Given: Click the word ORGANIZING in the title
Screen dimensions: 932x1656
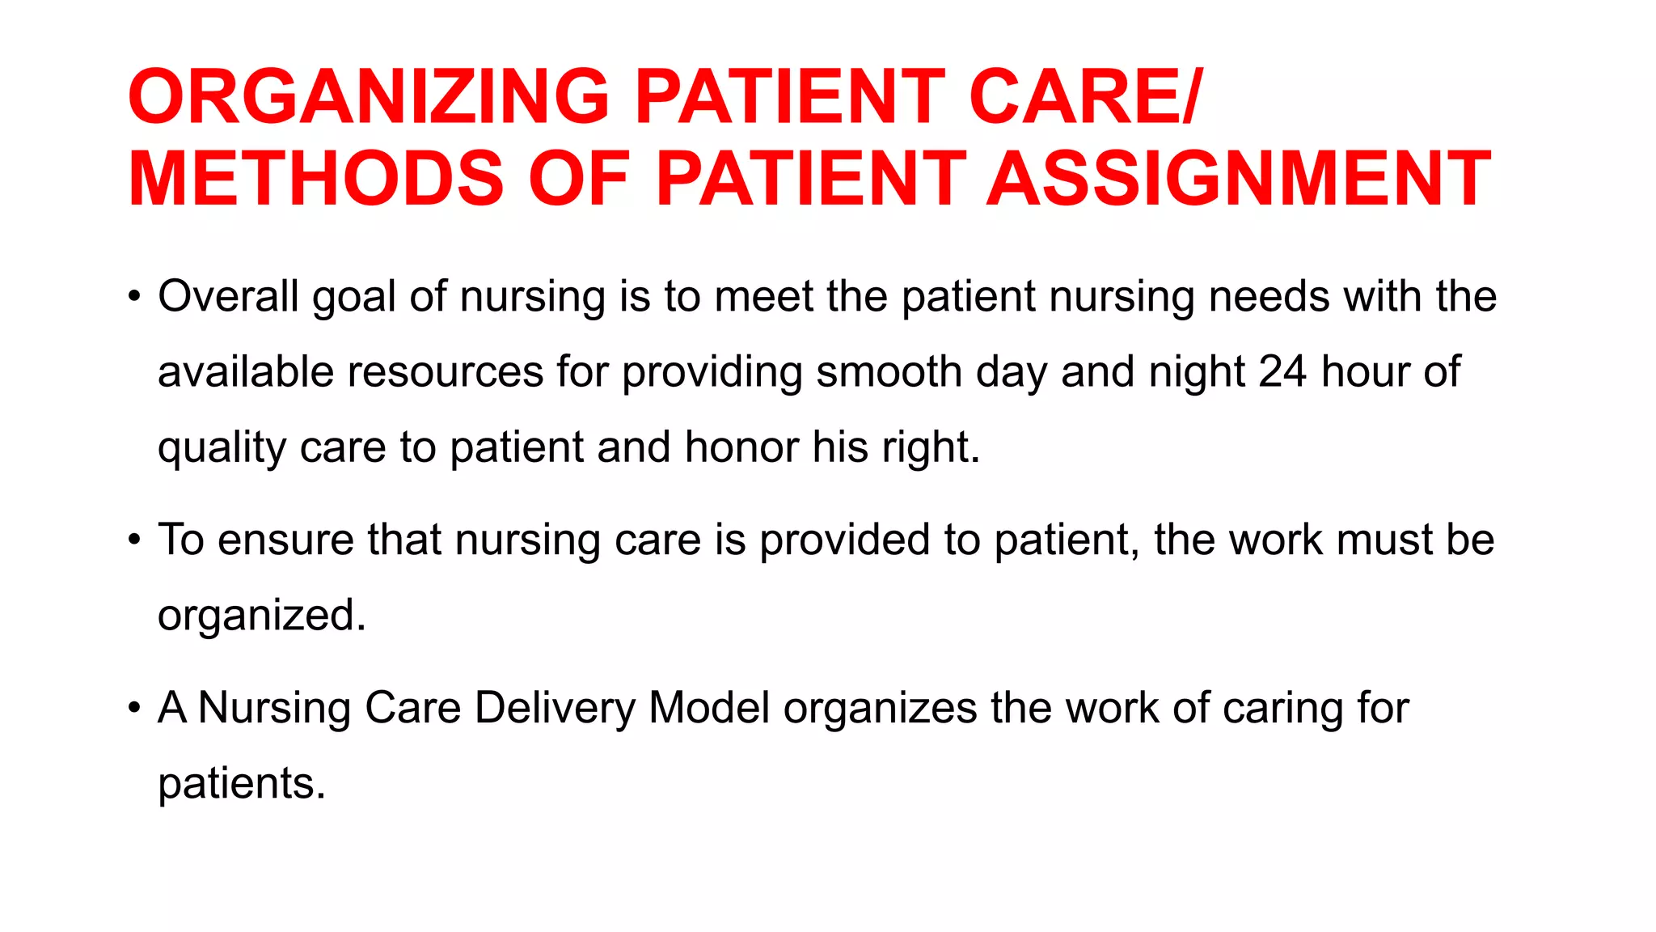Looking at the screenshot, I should pyautogui.click(x=369, y=97).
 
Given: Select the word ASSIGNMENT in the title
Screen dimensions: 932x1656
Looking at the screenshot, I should pyautogui.click(x=1239, y=179).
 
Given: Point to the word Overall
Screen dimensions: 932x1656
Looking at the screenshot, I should pyautogui.click(x=229, y=296).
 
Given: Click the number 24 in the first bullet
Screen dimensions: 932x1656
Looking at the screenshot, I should pyautogui.click(x=1282, y=371).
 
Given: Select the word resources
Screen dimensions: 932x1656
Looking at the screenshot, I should pyautogui.click(x=446, y=371).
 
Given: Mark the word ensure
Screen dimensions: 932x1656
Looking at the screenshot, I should pyautogui.click(x=285, y=540).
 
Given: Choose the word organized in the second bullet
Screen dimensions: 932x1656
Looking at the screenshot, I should pyautogui.click(x=261, y=616).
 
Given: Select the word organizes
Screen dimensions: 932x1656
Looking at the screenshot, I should pyautogui.click(x=881, y=709).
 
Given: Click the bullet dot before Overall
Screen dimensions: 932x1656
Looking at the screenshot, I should pyautogui.click(x=134, y=296).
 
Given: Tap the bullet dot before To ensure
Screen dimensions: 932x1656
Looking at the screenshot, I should pyautogui.click(x=134, y=540).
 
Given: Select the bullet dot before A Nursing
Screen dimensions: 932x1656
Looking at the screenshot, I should pyautogui.click(x=134, y=708).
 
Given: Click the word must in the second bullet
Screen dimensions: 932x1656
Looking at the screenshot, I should pyautogui.click(x=1384, y=540).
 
